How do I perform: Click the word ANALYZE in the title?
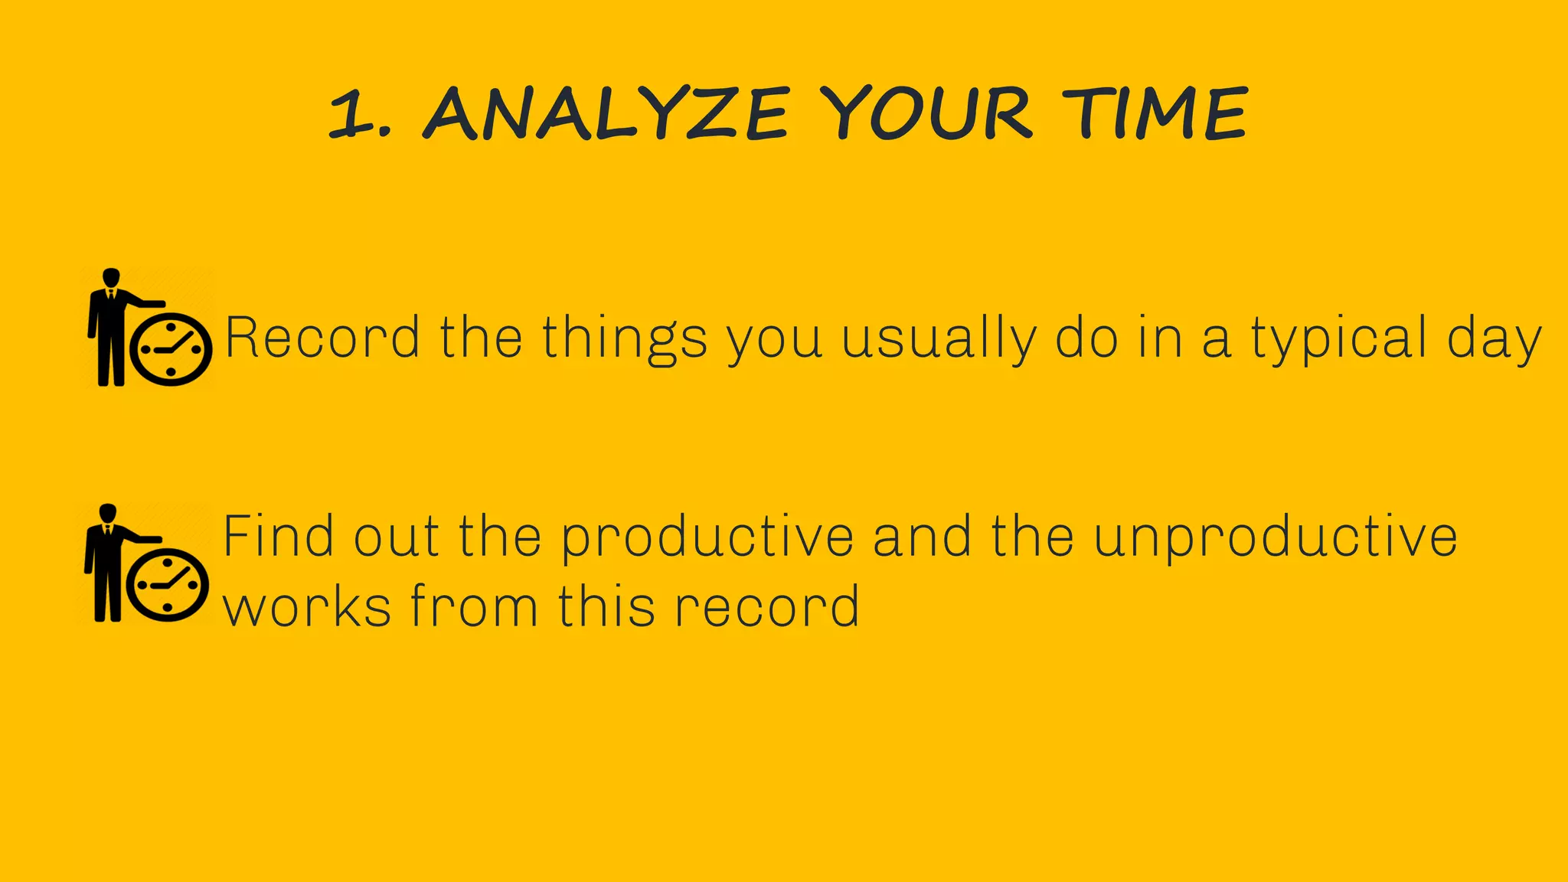pyautogui.click(x=605, y=114)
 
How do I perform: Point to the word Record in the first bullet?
pyautogui.click(x=322, y=338)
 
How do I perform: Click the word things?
pyautogui.click(x=625, y=339)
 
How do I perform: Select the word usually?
pyautogui.click(x=939, y=339)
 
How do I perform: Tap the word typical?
pyautogui.click(x=1339, y=339)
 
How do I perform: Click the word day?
pyautogui.click(x=1494, y=339)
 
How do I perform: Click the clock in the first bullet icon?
pyautogui.click(x=171, y=349)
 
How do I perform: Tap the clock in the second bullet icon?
pyautogui.click(x=168, y=585)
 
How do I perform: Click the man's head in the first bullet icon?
pyautogui.click(x=111, y=277)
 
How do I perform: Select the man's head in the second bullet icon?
pyautogui.click(x=108, y=513)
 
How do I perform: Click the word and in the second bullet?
pyautogui.click(x=923, y=537)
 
